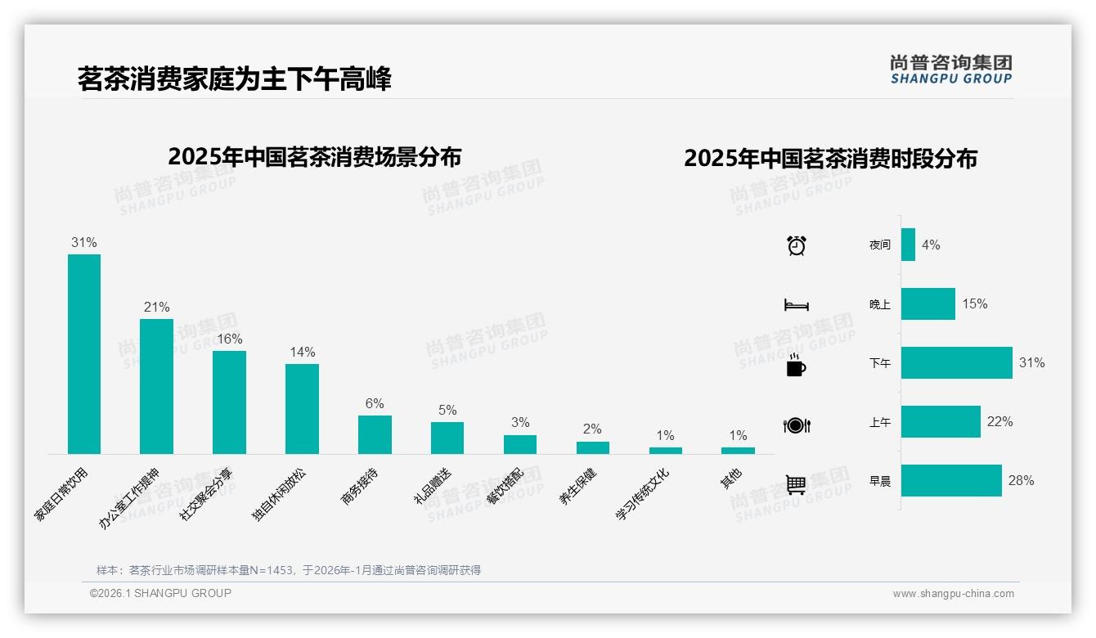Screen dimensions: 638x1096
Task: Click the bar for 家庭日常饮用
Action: point(84,353)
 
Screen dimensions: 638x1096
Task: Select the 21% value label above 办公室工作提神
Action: point(156,308)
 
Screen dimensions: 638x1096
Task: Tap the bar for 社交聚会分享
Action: point(229,402)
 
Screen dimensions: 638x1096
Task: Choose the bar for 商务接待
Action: point(375,434)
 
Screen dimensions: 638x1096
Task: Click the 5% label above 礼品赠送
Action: point(447,411)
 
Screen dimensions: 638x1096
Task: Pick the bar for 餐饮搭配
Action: point(520,444)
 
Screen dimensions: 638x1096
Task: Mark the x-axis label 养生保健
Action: point(578,486)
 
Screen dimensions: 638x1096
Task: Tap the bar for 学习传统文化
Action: point(666,451)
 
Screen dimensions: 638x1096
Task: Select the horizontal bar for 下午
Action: point(956,363)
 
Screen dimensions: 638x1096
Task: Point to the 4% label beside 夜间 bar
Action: point(931,245)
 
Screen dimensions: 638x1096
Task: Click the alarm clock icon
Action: point(797,245)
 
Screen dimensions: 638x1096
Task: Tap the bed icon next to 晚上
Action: point(797,305)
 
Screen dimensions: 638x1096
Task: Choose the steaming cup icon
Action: point(796,365)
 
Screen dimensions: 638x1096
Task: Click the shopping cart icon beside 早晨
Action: point(796,484)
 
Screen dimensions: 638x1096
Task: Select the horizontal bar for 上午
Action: point(941,422)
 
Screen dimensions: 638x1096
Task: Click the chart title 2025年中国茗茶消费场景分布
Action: point(315,156)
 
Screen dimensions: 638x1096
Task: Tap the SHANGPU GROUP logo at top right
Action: point(951,70)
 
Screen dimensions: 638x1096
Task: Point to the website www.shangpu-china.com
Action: point(953,594)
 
